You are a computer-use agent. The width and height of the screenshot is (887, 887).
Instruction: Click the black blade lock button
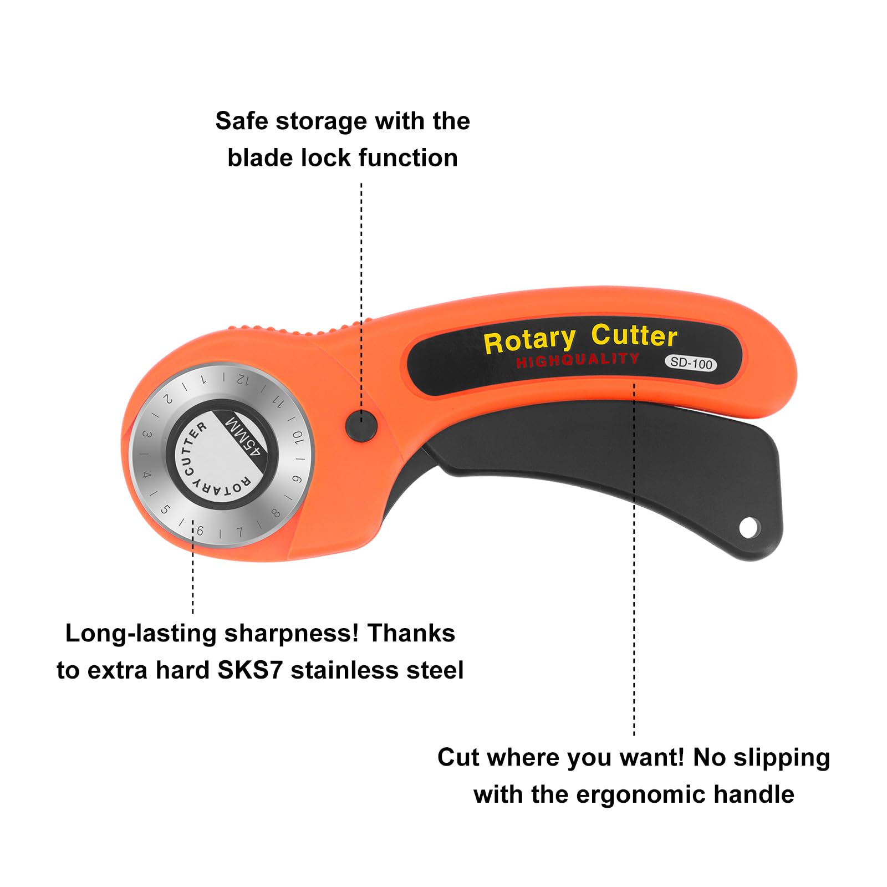(361, 425)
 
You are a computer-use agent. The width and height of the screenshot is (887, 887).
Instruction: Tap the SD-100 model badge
(691, 363)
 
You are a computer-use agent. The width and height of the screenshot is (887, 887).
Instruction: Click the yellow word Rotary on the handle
(529, 340)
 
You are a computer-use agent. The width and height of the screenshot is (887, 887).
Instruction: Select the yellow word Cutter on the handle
(634, 335)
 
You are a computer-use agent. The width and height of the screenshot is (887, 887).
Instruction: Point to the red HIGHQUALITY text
(577, 360)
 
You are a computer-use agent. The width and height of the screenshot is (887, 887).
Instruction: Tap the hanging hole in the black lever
(749, 527)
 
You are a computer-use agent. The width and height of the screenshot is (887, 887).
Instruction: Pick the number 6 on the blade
(200, 531)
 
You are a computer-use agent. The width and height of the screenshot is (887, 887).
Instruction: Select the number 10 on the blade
(298, 438)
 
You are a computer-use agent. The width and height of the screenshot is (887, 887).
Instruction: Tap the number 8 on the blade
(276, 513)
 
